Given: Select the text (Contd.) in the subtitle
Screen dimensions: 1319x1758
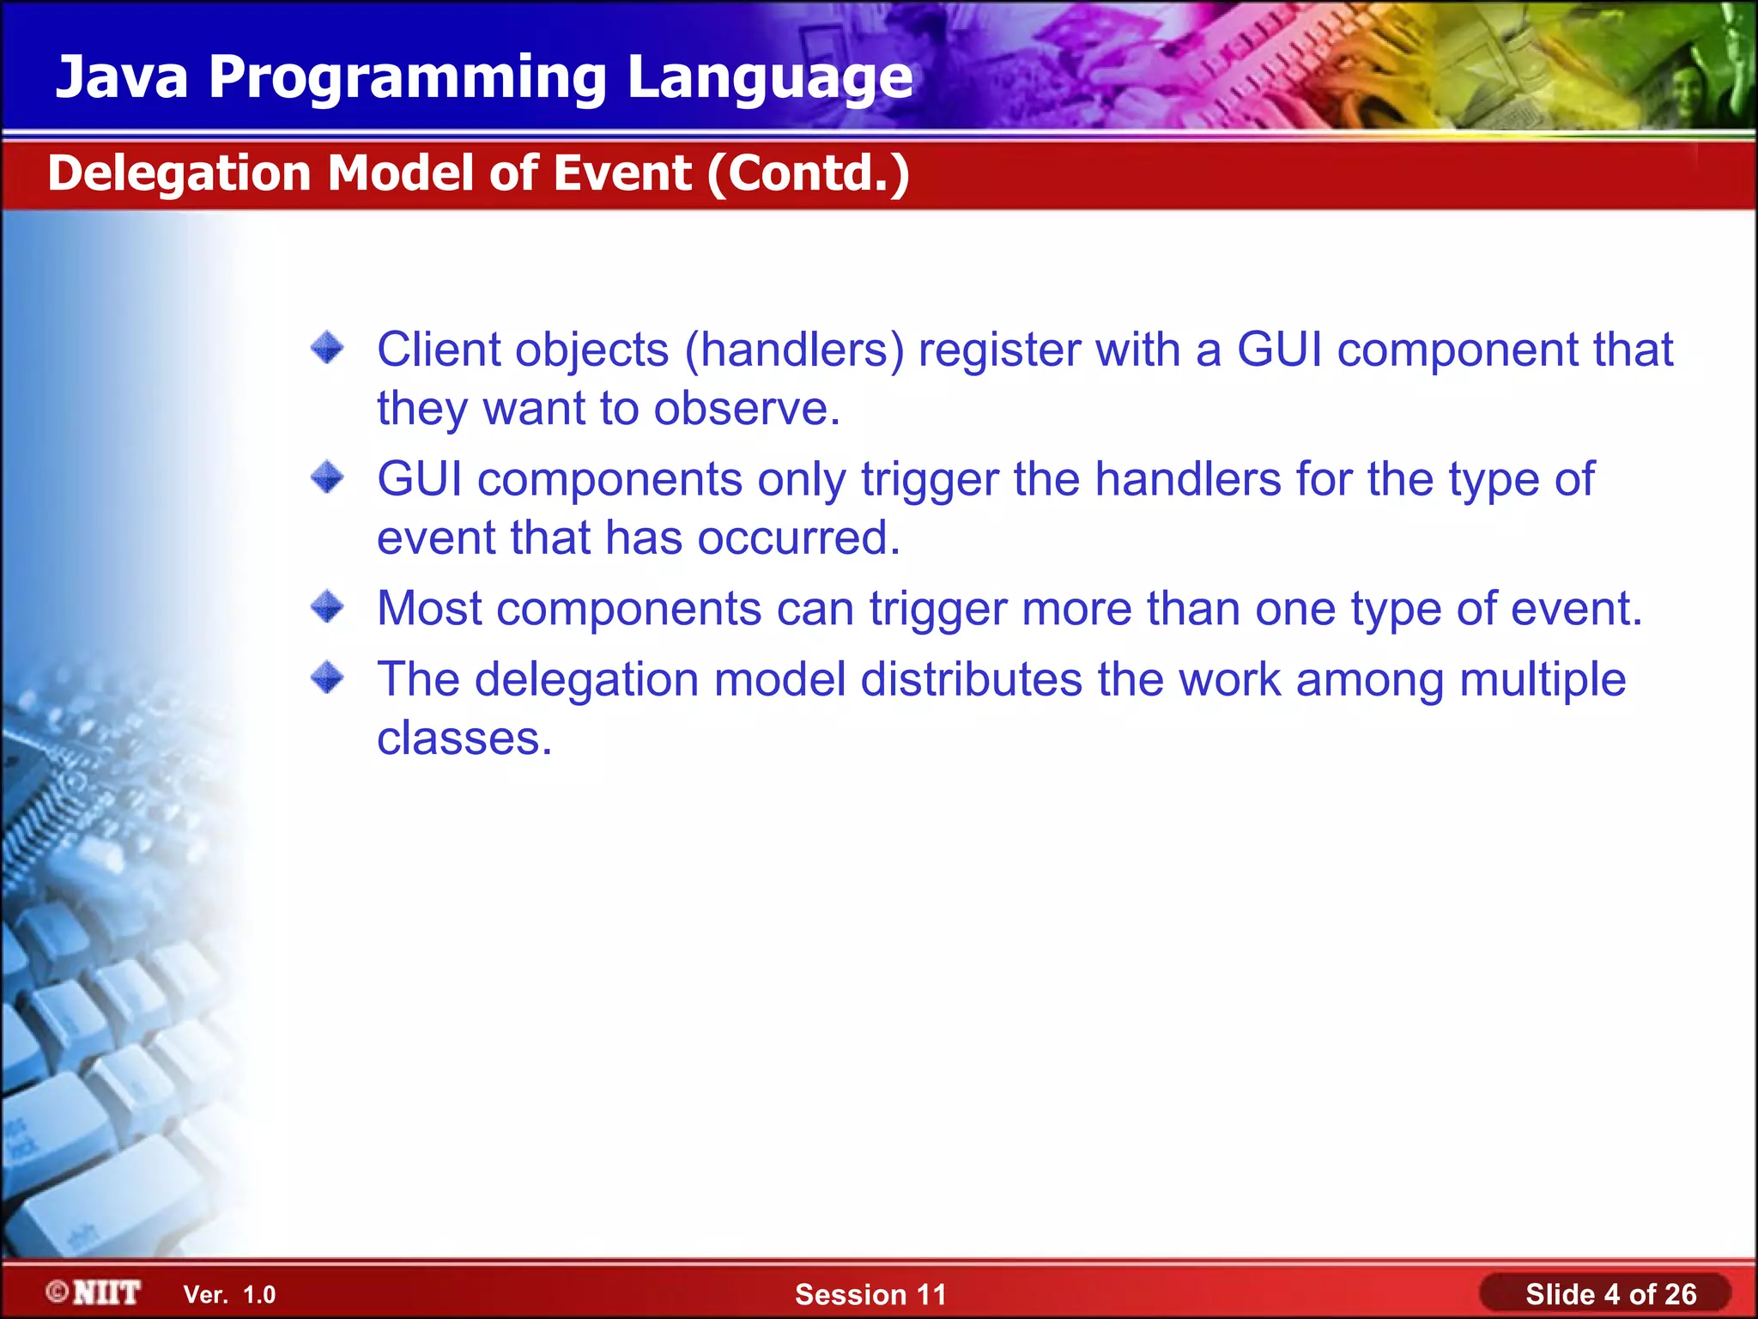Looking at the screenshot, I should point(808,173).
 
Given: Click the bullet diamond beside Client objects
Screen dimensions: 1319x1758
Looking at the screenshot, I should point(327,349).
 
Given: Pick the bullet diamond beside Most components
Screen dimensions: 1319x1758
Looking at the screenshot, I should point(327,607).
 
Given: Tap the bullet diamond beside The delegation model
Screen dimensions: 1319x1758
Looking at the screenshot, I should point(327,678).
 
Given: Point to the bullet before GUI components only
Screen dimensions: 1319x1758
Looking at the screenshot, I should point(327,477).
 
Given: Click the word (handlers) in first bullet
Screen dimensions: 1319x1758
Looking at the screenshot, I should point(794,350).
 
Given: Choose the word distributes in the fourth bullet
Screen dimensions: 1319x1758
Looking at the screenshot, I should point(971,679).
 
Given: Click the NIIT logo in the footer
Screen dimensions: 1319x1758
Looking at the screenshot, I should point(94,1292).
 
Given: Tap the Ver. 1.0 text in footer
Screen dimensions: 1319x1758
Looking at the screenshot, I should point(229,1295).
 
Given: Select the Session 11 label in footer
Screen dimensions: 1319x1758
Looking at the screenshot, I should point(870,1294).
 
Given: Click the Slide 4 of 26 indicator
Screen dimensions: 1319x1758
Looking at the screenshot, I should point(1610,1294).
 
